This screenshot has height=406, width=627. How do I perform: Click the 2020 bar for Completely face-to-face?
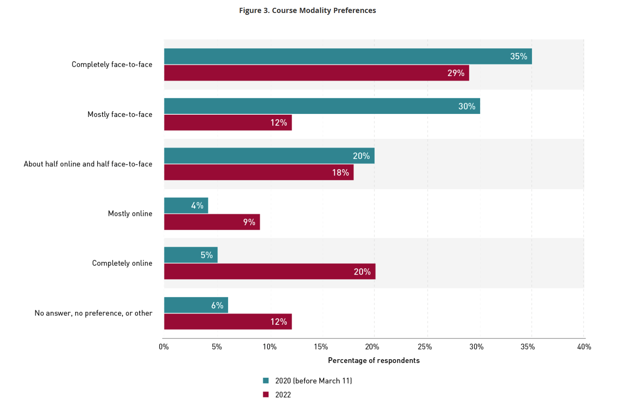pos(348,56)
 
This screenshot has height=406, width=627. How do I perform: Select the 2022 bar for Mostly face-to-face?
pos(228,122)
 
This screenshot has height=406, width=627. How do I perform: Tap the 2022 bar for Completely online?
pos(270,272)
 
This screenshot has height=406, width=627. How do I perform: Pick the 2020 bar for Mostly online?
pos(186,206)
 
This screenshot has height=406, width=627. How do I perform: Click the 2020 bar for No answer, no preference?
pos(196,305)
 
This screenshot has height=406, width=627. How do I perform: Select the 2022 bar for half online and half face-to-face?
pos(259,173)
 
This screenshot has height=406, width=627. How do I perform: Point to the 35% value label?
pos(518,56)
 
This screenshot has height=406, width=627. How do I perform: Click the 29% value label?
pos(456,73)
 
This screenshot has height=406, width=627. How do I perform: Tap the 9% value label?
pos(249,222)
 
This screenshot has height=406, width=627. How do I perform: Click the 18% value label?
pos(340,173)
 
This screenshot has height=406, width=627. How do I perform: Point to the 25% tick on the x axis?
pos(425,347)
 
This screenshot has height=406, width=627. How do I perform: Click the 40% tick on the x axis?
pos(584,347)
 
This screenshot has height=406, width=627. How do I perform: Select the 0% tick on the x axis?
pos(164,347)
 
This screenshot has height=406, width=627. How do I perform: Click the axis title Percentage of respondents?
pos(374,360)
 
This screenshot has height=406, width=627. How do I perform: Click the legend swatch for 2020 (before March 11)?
pos(266,381)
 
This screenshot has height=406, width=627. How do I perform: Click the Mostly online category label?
pos(130,214)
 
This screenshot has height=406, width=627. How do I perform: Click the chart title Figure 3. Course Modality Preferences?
pos(307,10)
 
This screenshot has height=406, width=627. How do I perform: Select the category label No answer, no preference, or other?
pos(93,313)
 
